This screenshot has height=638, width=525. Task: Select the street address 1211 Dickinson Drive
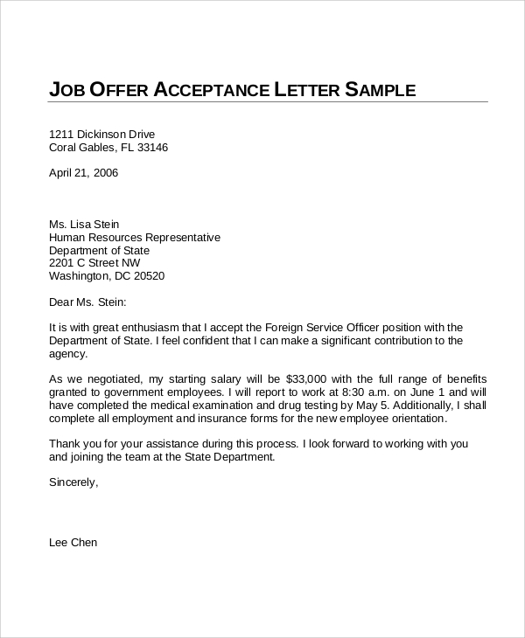(102, 134)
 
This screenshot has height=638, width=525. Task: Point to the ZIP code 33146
(150, 148)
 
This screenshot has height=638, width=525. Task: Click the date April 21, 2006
(83, 172)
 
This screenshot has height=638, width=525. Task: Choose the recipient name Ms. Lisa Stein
(84, 224)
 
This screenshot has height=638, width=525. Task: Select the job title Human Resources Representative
(135, 237)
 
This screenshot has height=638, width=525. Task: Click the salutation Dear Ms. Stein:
(88, 302)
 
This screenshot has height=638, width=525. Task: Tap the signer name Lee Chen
(73, 543)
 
